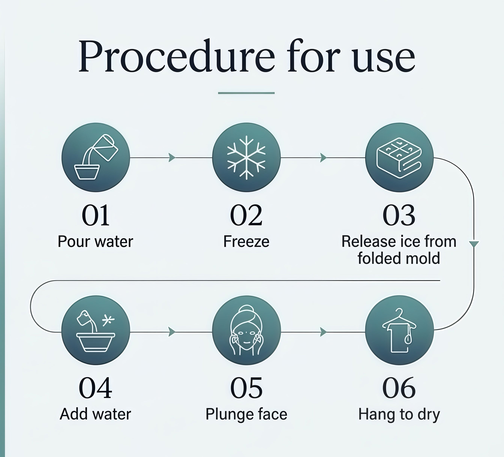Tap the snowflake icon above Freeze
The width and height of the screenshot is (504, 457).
click(246, 157)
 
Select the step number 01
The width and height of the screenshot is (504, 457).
click(96, 215)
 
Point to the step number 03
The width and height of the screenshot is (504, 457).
click(399, 215)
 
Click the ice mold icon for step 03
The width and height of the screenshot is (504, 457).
click(399, 157)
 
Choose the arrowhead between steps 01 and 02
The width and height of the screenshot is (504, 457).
click(172, 157)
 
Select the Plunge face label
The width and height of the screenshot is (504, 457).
click(246, 414)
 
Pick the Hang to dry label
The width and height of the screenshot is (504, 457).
click(399, 414)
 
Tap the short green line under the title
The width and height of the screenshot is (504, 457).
click(246, 93)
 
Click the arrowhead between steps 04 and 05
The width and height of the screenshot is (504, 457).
click(172, 332)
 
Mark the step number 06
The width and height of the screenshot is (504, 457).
click(399, 388)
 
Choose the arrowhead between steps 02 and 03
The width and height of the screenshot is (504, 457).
click(323, 157)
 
